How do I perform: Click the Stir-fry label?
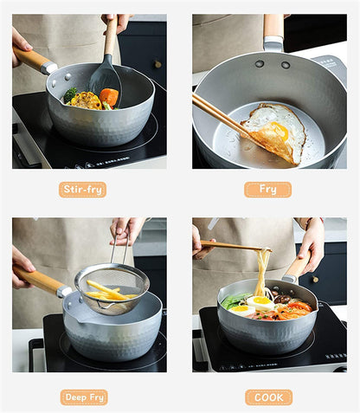click(83, 189)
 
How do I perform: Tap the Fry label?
click(267, 189)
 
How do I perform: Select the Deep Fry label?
click(84, 397)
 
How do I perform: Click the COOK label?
click(268, 397)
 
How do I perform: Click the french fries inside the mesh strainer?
click(106, 292)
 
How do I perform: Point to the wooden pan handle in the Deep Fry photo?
click(37, 279)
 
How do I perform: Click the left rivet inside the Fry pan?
click(260, 63)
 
